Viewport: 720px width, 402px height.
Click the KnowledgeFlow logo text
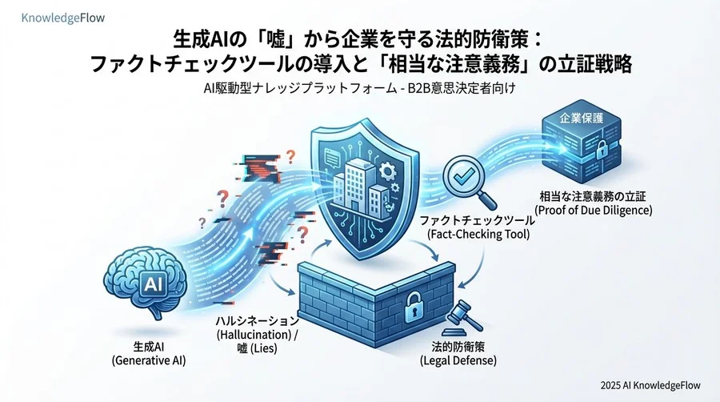[x=63, y=18]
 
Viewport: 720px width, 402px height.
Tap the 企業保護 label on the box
[x=582, y=118]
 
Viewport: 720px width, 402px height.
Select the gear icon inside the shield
[x=388, y=172]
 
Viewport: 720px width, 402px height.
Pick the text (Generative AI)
[x=149, y=360]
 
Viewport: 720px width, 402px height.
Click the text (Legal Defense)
[x=458, y=360]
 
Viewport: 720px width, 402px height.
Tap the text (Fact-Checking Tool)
[x=478, y=234]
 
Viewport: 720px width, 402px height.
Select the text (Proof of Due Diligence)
[x=594, y=210]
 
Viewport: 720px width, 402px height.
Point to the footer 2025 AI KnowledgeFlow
[x=650, y=385]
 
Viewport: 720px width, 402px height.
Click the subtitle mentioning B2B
[x=359, y=88]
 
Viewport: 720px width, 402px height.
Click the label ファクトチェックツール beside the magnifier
[x=478, y=220]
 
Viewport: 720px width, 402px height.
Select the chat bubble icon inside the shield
[x=330, y=157]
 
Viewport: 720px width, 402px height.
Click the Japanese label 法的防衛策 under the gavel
[x=458, y=347]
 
